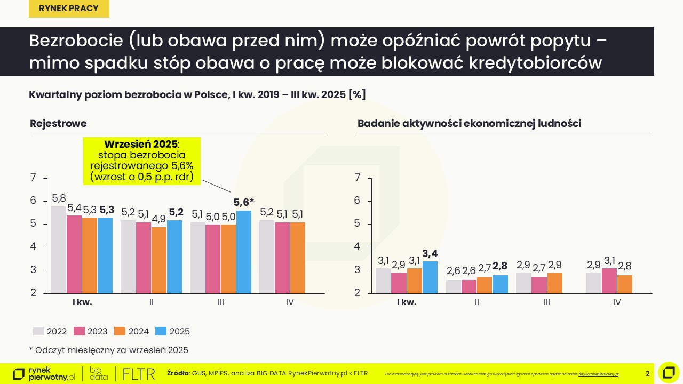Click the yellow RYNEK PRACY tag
pyautogui.click(x=69, y=9)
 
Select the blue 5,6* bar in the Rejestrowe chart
pyautogui.click(x=244, y=252)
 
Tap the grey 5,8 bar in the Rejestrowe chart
pyautogui.click(x=59, y=250)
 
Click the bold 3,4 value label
pyautogui.click(x=430, y=253)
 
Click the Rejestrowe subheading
pyautogui.click(x=58, y=124)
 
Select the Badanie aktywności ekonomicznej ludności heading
pyautogui.click(x=469, y=124)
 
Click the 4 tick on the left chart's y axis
pyautogui.click(x=33, y=247)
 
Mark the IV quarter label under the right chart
pyautogui.click(x=617, y=302)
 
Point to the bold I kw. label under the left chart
pyautogui.click(x=82, y=302)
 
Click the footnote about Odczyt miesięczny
pyautogui.click(x=108, y=350)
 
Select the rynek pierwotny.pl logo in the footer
pyautogui.click(x=44, y=374)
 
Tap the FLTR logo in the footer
pyautogui.click(x=139, y=373)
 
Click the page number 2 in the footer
pyautogui.click(x=648, y=373)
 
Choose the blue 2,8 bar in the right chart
pyautogui.click(x=500, y=284)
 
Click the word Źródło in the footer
pyautogui.click(x=178, y=373)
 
